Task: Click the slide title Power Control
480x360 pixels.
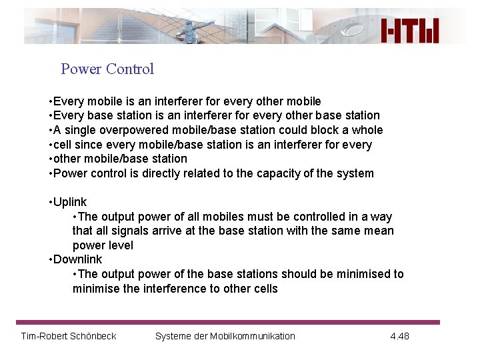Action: coord(107,69)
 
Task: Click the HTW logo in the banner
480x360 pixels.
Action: coord(410,30)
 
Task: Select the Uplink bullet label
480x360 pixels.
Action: coord(69,202)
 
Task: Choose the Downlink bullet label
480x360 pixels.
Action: coord(77,259)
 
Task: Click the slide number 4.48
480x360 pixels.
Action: coord(399,336)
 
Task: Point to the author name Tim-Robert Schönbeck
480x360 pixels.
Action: coord(69,336)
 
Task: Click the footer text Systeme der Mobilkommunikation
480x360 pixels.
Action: coord(225,336)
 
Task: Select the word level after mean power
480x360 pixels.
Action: coord(120,245)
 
